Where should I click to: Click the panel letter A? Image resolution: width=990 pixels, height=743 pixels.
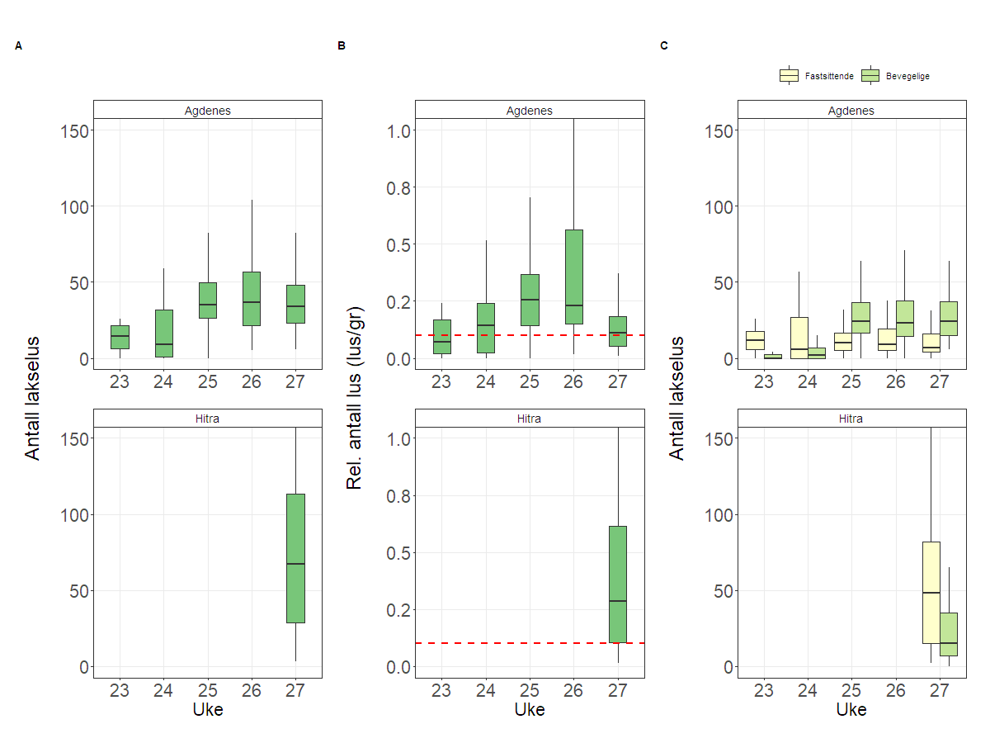(18, 46)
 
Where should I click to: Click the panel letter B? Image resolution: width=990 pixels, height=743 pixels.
(341, 46)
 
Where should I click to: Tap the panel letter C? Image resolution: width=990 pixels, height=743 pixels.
(663, 46)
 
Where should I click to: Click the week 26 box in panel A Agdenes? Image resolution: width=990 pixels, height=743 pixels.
(252, 299)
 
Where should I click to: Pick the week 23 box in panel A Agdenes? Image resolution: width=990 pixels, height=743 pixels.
(120, 337)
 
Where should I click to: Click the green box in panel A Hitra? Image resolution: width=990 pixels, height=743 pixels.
(295, 558)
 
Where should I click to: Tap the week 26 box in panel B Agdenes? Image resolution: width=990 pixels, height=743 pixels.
(573, 277)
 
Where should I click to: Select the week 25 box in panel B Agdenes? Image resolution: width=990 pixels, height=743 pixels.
(530, 301)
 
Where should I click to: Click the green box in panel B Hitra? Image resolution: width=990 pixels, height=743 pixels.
(618, 584)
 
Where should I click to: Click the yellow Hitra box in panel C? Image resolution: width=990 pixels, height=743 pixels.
(931, 593)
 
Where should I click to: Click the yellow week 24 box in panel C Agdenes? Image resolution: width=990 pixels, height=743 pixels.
(799, 338)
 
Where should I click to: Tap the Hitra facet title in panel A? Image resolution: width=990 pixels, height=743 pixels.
(207, 419)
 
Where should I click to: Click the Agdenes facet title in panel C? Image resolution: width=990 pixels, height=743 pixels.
(851, 110)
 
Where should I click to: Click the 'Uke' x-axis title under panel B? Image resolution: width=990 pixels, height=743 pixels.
(530, 709)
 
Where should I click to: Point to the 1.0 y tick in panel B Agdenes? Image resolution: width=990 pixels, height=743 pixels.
(398, 130)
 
